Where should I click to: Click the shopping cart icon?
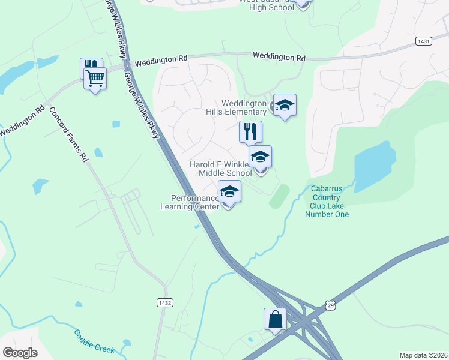pyautogui.click(x=95, y=78)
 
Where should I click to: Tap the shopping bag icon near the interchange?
pyautogui.click(x=275, y=319)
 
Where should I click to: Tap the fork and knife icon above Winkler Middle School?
pyautogui.click(x=250, y=131)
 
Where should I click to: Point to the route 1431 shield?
pyautogui.click(x=423, y=40)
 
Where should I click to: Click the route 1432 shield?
pyautogui.click(x=165, y=302)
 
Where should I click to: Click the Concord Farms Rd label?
pyautogui.click(x=69, y=136)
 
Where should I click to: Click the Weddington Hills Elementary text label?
pyautogui.click(x=244, y=107)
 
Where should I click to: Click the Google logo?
pyautogui.click(x=20, y=352)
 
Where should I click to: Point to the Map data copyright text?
pyautogui.click(x=423, y=355)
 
